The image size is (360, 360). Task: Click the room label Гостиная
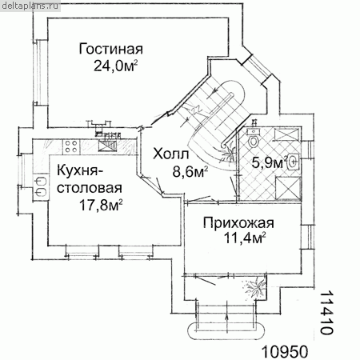click(111, 49)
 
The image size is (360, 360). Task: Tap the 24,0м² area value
click(116, 66)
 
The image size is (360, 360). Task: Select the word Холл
click(170, 154)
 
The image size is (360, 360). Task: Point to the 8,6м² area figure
click(190, 171)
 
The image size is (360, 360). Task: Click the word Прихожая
click(238, 223)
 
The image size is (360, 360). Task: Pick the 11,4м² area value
click(245, 238)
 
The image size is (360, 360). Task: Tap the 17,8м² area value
click(101, 205)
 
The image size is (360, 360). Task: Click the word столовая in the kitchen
click(90, 188)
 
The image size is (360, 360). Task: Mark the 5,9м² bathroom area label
click(270, 162)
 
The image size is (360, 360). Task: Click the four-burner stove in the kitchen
click(71, 146)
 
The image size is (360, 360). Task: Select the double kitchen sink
click(41, 186)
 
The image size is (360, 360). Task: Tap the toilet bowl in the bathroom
click(253, 141)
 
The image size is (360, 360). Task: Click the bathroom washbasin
click(293, 162)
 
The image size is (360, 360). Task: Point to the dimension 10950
click(285, 352)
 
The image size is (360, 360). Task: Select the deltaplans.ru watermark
click(30, 6)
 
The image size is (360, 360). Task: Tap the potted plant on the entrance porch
click(254, 287)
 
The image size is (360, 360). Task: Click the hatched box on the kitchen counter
click(108, 146)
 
